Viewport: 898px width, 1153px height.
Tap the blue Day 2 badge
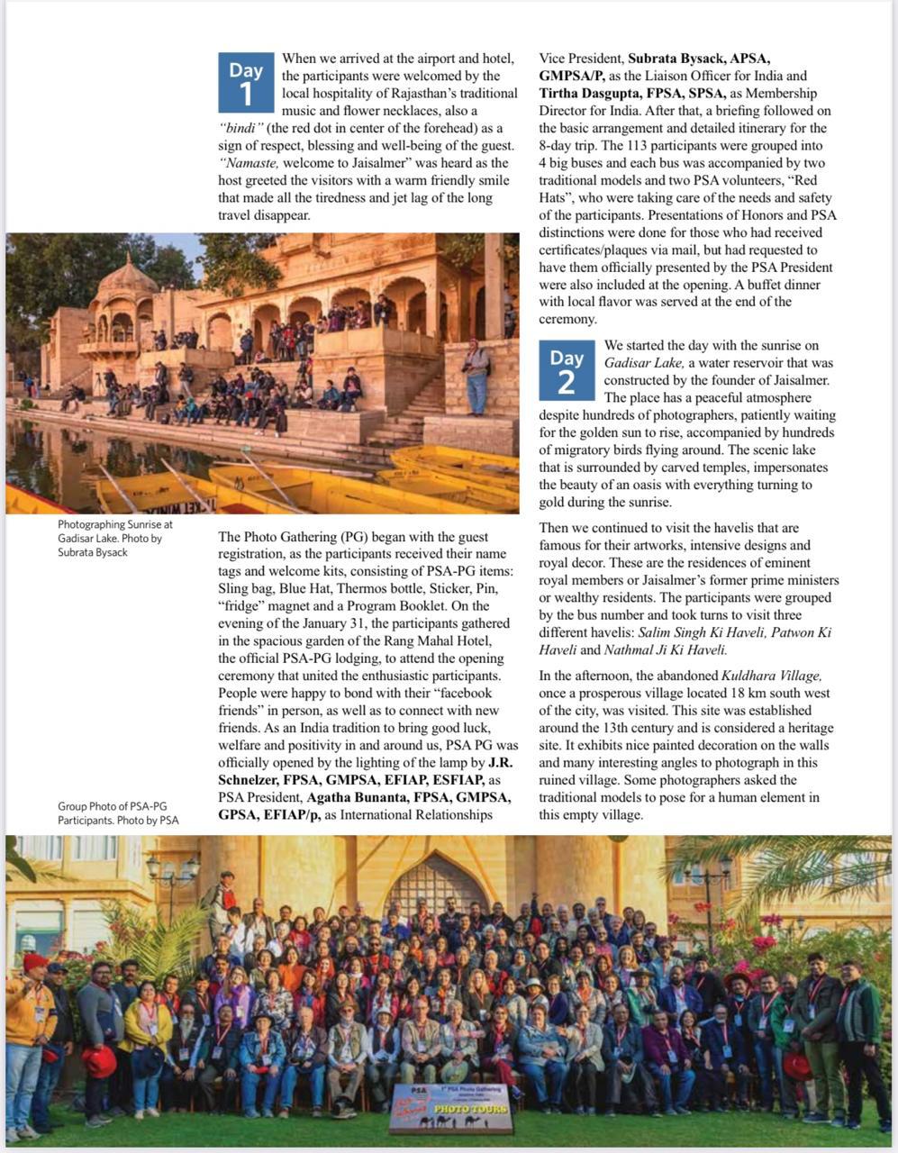(567, 370)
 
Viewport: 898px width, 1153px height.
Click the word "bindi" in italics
(245, 128)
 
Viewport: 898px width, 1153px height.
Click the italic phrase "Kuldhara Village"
(772, 676)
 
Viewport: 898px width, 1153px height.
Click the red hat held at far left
(99, 1060)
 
